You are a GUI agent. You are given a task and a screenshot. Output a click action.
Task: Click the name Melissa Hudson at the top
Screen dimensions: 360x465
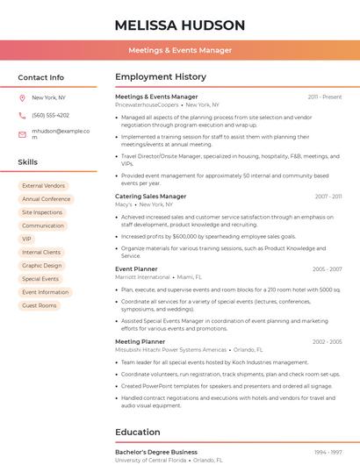pos(179,25)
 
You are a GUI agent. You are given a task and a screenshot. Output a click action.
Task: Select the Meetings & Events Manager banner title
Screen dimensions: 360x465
pos(180,50)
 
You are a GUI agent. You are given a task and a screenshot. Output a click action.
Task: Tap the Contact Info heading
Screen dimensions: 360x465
pos(40,77)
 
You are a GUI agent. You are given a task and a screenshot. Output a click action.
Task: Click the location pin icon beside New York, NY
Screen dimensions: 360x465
pos(22,97)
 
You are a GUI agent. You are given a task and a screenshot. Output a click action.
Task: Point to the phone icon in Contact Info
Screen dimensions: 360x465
pos(22,115)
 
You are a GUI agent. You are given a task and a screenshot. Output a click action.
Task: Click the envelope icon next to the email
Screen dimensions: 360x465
pos(22,134)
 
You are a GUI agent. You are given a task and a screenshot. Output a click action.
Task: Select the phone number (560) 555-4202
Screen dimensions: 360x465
pos(50,115)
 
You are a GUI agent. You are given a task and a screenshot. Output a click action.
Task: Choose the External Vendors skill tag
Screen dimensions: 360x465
pos(43,186)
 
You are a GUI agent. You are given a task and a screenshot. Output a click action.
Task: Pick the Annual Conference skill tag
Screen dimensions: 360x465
pos(46,199)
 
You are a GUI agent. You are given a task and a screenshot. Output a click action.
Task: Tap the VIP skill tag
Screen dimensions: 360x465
pos(26,239)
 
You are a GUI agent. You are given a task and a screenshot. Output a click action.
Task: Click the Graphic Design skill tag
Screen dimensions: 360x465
pos(42,265)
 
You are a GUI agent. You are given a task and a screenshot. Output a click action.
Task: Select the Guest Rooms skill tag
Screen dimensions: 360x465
pos(40,305)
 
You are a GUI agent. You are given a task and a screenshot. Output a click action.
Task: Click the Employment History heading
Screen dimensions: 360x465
pos(161,77)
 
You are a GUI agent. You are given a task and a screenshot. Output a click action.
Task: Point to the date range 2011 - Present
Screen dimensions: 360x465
pos(325,97)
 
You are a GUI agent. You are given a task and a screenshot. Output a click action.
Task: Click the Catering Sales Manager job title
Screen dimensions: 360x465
pos(151,197)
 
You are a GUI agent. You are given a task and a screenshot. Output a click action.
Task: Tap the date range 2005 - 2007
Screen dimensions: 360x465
pos(328,269)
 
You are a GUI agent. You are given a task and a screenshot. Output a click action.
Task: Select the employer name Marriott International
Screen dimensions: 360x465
pos(142,276)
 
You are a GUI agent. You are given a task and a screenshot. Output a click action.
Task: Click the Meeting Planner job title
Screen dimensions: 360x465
pos(140,341)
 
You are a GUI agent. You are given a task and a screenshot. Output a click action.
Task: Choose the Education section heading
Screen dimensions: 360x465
pos(139,432)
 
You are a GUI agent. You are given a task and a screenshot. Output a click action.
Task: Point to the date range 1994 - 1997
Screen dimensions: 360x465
pos(328,452)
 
